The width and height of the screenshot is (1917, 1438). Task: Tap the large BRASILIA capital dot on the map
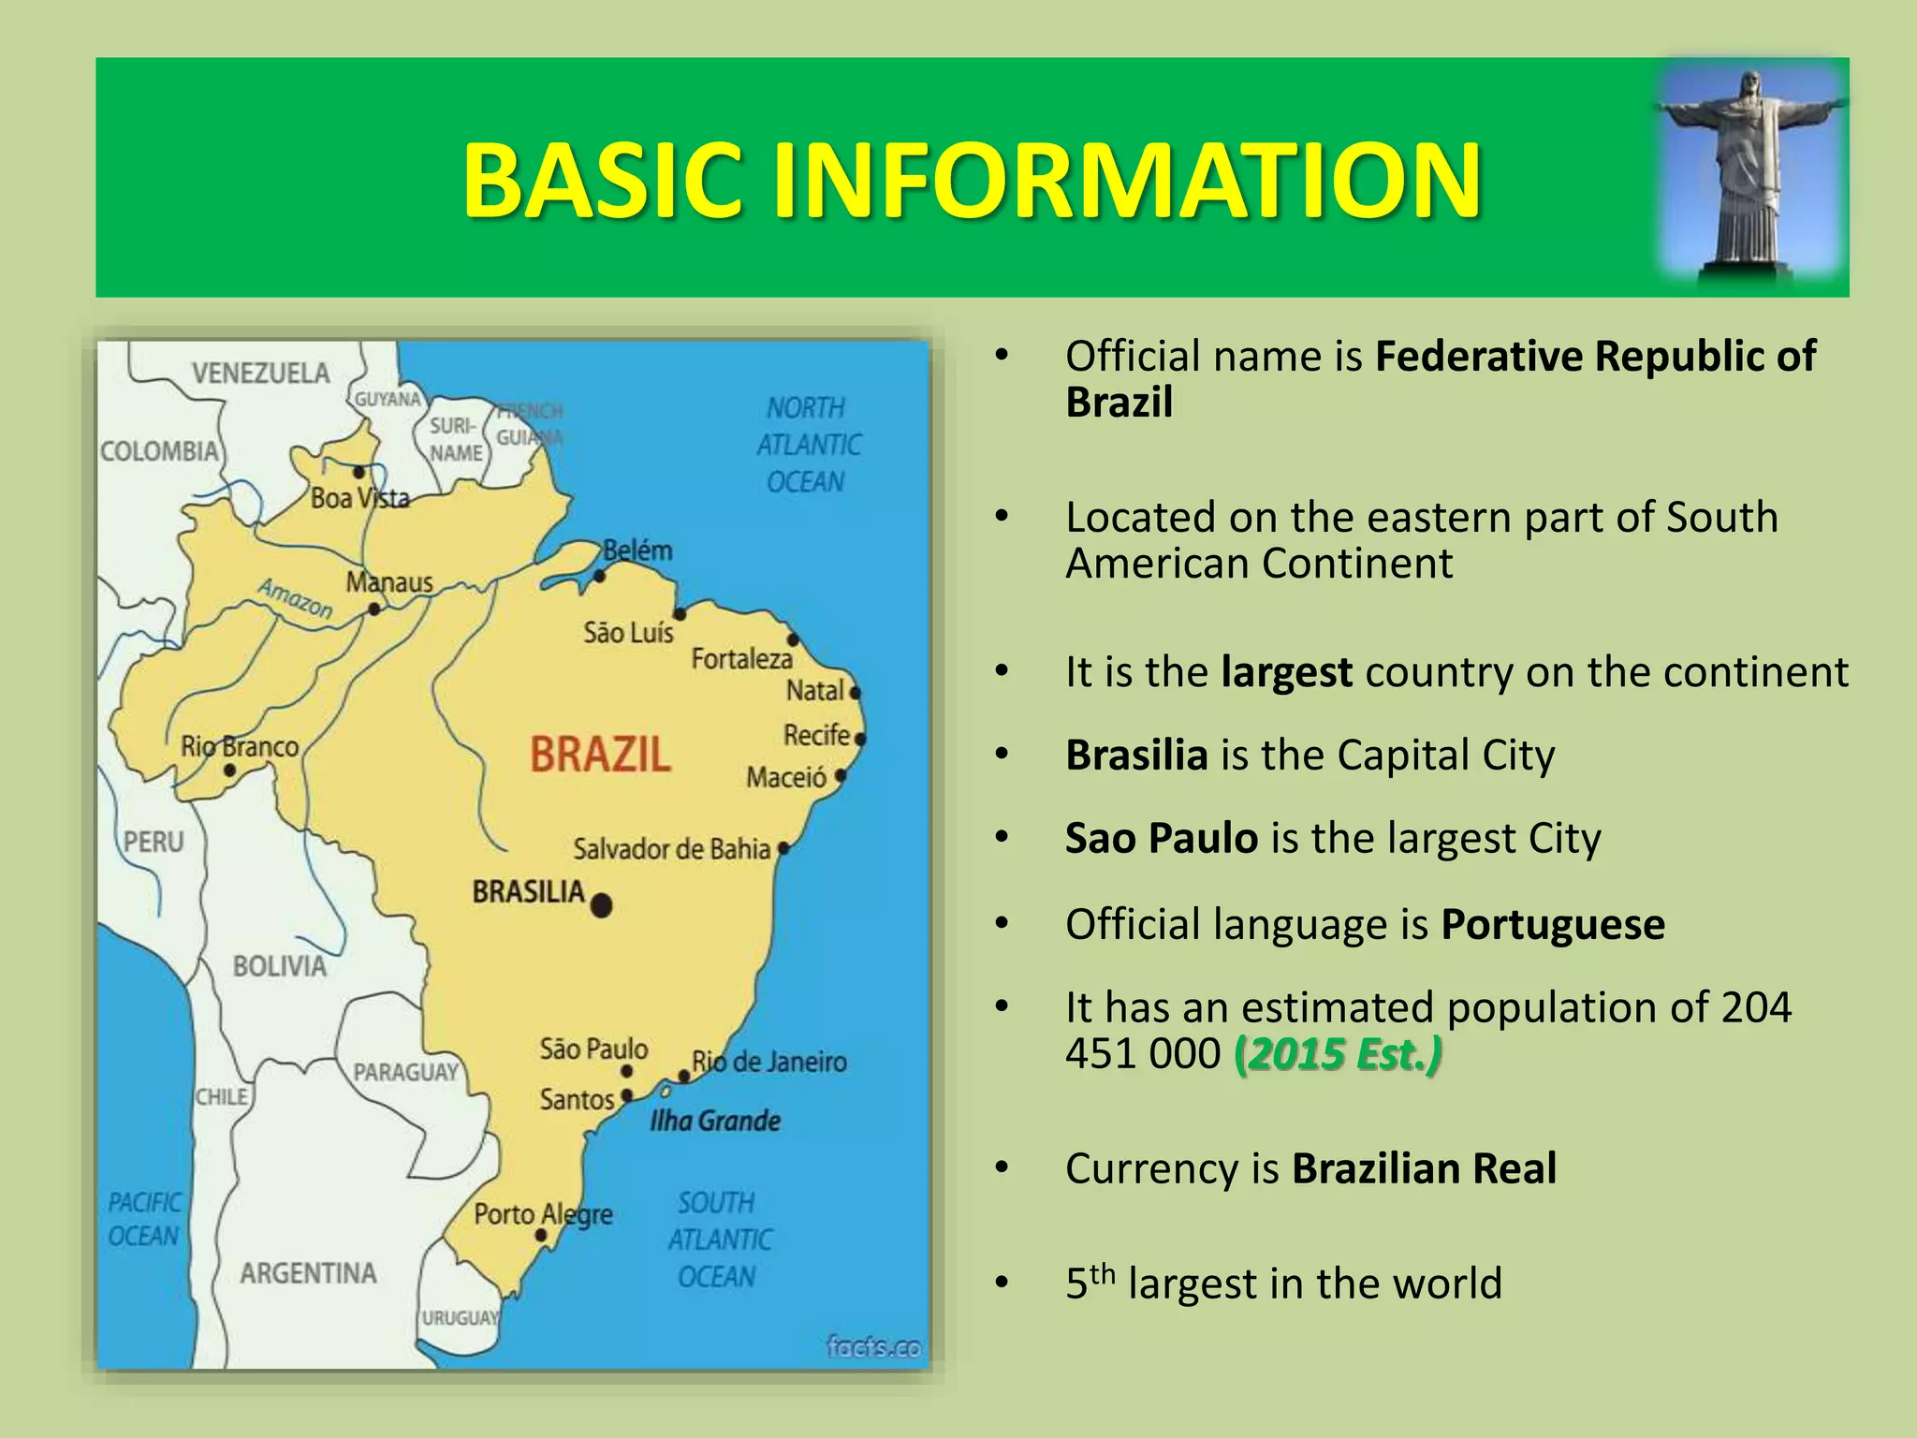[602, 904]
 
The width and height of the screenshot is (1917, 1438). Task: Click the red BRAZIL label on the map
[600, 755]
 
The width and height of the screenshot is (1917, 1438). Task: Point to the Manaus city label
[389, 582]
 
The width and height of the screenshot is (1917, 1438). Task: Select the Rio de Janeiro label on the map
[768, 1062]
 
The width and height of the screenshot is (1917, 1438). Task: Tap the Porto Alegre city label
[543, 1214]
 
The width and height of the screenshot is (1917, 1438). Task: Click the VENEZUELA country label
[261, 374]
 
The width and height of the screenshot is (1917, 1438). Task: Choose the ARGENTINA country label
[308, 1273]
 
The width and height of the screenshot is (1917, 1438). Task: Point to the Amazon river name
[296, 598]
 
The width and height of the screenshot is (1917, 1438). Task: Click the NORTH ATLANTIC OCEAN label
[807, 445]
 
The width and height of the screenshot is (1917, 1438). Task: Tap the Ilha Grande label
[715, 1121]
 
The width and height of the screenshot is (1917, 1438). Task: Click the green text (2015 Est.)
[1338, 1054]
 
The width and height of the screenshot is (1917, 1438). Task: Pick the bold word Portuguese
[1553, 925]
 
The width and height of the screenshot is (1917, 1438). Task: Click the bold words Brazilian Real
[1424, 1168]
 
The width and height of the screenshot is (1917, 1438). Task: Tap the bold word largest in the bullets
[1286, 672]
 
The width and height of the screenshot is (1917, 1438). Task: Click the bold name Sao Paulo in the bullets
[1161, 838]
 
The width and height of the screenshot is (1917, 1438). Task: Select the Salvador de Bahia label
[671, 849]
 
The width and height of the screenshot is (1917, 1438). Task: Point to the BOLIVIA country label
[279, 965]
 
